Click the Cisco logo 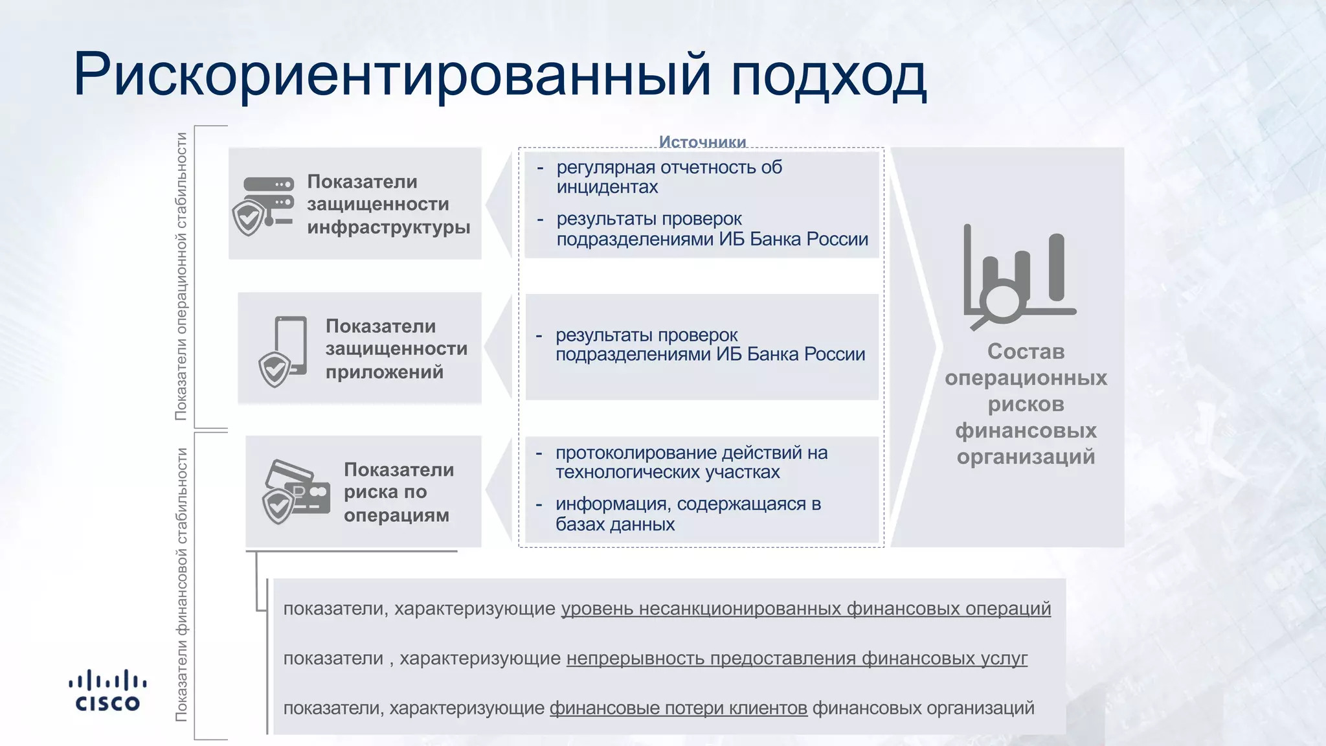[x=107, y=690]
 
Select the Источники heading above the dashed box [x=702, y=141]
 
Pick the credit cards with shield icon [x=295, y=493]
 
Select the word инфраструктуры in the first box [x=388, y=227]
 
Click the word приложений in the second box [x=384, y=372]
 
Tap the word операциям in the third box [x=396, y=515]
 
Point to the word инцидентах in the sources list [x=607, y=187]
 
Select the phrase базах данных [x=614, y=525]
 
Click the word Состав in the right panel [x=1026, y=352]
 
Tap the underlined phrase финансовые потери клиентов [x=678, y=708]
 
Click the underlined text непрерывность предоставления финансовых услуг [x=796, y=659]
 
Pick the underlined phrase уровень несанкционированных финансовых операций [x=805, y=609]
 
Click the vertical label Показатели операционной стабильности [x=182, y=277]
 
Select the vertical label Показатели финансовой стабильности [x=182, y=584]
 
